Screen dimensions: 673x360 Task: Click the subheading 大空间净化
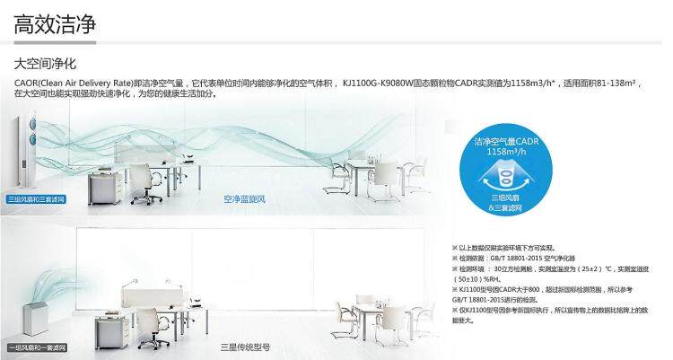pyautogui.click(x=44, y=65)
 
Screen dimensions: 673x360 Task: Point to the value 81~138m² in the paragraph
pyautogui.click(x=609, y=83)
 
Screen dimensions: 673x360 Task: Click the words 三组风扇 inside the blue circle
pyautogui.click(x=503, y=196)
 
